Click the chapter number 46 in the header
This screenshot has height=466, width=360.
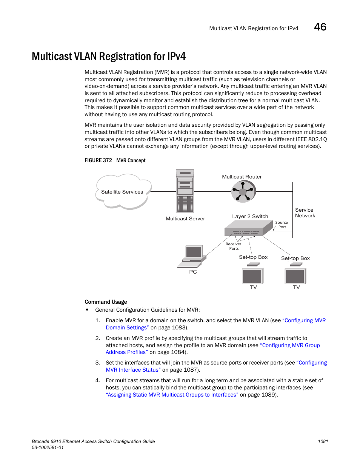(320, 27)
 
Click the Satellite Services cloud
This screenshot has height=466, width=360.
(122, 192)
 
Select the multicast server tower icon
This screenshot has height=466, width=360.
(185, 191)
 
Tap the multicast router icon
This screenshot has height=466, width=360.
(243, 191)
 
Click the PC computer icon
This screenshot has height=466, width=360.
(193, 256)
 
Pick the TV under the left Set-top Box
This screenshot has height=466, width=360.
(252, 276)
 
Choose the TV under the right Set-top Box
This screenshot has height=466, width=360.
(295, 276)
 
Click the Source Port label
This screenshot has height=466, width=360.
(282, 225)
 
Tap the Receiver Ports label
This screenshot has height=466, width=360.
(234, 246)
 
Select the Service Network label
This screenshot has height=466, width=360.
(305, 213)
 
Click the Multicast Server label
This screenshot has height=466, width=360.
(185, 218)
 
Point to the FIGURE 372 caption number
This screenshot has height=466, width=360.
(98, 160)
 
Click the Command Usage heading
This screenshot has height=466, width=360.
(106, 302)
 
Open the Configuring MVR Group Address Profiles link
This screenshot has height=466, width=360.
(291, 345)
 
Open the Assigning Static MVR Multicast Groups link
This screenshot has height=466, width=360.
(172, 395)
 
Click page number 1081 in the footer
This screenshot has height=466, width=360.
(323, 441)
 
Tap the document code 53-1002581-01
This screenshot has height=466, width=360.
(48, 448)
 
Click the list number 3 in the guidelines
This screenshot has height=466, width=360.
(97, 363)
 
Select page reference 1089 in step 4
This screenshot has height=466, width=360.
(269, 395)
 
